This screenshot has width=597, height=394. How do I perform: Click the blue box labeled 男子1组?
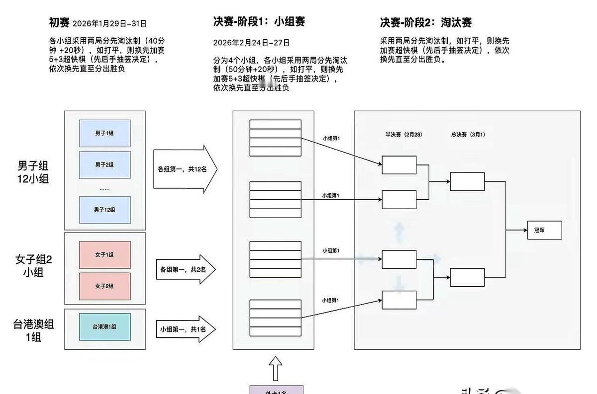point(104,133)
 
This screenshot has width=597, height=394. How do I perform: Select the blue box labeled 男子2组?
point(104,164)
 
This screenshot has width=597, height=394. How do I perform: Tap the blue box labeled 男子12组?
point(104,210)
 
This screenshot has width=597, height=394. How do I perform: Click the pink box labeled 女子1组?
point(104,255)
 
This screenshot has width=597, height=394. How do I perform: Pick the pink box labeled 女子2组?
point(104,286)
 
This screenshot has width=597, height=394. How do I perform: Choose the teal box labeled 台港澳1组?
point(104,326)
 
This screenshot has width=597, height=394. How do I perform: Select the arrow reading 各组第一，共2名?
point(184,270)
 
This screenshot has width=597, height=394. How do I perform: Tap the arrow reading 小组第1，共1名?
point(184,329)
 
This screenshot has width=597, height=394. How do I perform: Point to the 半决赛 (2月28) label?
point(403,135)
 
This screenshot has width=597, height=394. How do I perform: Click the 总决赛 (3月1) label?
point(468,135)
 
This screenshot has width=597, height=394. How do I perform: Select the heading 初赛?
point(59,22)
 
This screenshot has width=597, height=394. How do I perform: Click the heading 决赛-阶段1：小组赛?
point(259,22)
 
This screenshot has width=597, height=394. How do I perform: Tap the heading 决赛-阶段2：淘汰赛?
point(425,22)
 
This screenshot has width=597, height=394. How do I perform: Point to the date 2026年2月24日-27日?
point(251,43)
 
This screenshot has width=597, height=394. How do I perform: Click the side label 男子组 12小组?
point(33,172)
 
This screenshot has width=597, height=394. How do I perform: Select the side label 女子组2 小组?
point(33,265)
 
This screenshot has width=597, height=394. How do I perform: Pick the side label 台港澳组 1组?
point(33,330)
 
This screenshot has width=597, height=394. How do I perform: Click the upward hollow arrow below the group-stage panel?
point(276,368)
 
